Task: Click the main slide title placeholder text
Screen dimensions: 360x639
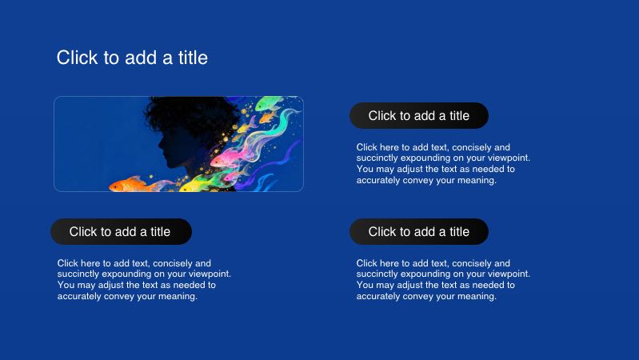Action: (x=132, y=58)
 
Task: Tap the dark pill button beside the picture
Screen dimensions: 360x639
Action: (x=418, y=116)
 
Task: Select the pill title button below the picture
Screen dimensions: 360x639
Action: (x=121, y=232)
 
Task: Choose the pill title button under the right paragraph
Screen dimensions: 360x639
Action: (x=418, y=232)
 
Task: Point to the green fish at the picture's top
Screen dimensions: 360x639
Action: (x=270, y=105)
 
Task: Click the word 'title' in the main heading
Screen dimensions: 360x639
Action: (x=193, y=58)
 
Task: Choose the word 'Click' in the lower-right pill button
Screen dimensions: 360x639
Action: (x=382, y=232)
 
